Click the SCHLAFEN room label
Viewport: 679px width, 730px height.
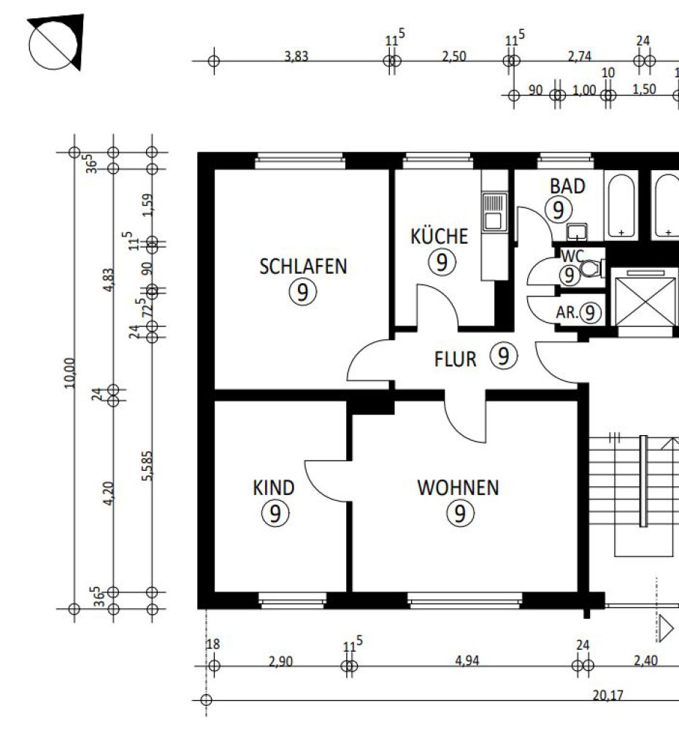click(303, 266)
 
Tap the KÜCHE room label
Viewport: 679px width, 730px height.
click(440, 236)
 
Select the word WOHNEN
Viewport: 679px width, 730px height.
click(459, 488)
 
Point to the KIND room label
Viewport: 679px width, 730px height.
click(274, 488)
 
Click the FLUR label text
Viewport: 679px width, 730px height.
click(456, 359)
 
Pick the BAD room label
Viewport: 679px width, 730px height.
click(567, 186)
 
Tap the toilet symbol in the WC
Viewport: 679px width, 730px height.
click(591, 269)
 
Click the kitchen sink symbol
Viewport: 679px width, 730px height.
click(494, 212)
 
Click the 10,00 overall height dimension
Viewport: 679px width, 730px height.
click(69, 373)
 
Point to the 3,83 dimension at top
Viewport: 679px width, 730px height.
click(296, 56)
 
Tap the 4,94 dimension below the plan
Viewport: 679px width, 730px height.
click(467, 661)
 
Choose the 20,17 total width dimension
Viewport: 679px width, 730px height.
click(607, 696)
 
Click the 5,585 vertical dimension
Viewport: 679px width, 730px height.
click(147, 466)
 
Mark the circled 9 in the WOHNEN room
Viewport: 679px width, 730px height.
click(460, 513)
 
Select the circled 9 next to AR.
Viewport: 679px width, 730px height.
click(590, 313)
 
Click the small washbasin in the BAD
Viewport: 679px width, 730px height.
click(577, 232)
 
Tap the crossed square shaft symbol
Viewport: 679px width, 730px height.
click(645, 301)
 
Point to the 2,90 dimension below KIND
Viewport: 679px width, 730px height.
click(280, 661)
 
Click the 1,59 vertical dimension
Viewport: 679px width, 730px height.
click(147, 205)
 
